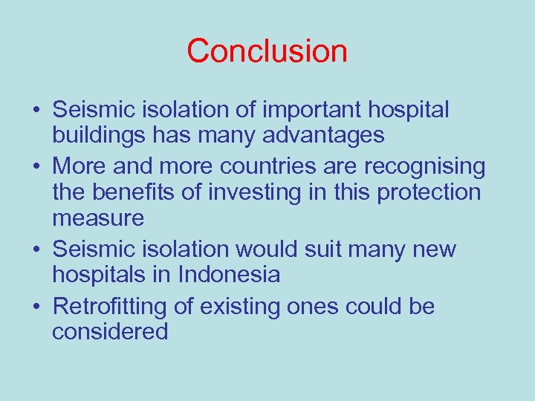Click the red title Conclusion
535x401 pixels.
(x=267, y=51)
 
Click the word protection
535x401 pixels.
(x=429, y=192)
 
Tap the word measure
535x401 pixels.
(x=98, y=218)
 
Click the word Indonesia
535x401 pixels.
(x=229, y=275)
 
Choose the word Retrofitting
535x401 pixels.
(x=122, y=306)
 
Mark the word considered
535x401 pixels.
(x=110, y=331)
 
